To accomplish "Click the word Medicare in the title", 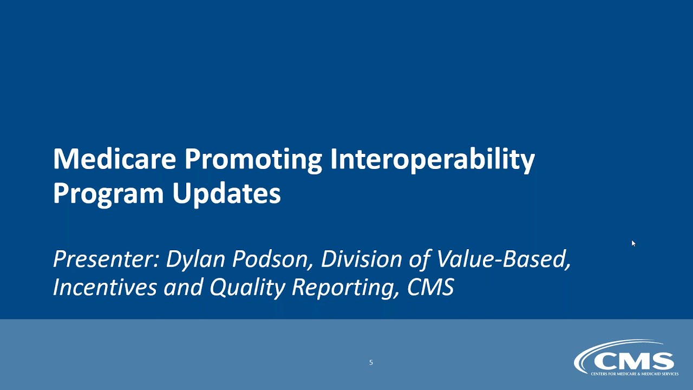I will [115, 159].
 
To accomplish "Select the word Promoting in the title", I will [253, 159].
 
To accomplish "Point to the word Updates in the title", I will [227, 193].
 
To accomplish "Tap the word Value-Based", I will [504, 259].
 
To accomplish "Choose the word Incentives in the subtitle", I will [104, 288].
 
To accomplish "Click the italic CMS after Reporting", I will [430, 288].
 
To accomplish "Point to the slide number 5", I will [371, 362].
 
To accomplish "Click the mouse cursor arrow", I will [633, 243].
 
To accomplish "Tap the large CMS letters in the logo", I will [633, 361].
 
